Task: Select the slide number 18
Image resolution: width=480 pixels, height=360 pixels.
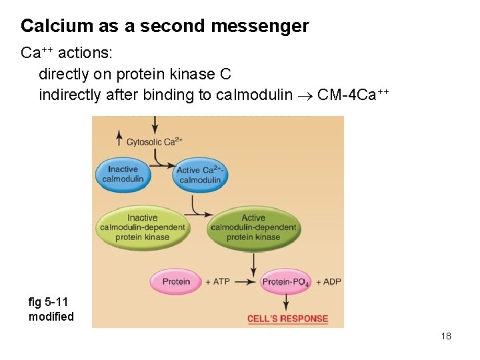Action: [446, 336]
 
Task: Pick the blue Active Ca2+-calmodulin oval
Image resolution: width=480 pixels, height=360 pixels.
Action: [199, 175]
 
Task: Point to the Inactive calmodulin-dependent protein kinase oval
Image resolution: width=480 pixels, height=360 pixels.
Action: [142, 227]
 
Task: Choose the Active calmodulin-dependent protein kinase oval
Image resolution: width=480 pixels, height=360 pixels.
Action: [253, 227]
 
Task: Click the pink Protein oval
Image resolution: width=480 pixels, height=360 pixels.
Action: [176, 281]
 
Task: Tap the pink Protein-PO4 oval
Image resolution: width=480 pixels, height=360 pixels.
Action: [285, 282]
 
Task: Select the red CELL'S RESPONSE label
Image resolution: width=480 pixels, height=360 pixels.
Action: [287, 319]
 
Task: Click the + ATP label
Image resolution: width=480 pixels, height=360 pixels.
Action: [217, 281]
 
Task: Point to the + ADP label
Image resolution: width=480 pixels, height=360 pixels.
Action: [328, 281]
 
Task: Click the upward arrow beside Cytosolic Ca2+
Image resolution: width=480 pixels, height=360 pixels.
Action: [119, 138]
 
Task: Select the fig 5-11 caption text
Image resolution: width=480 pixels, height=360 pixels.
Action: [49, 302]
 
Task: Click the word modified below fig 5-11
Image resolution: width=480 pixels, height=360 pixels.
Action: [51, 317]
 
